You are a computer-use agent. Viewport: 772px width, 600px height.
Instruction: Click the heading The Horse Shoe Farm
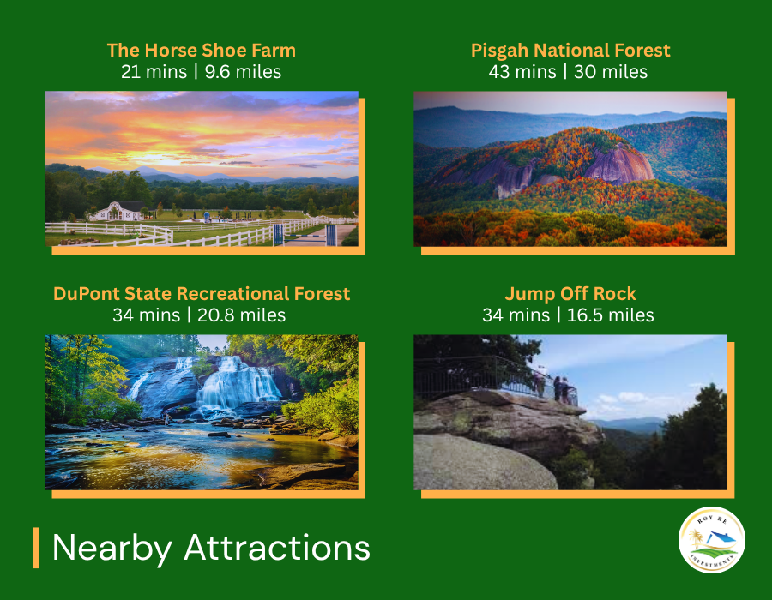(x=202, y=51)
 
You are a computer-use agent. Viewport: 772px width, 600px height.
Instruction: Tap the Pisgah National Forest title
(x=570, y=51)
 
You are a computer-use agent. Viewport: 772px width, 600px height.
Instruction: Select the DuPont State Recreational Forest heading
(x=202, y=294)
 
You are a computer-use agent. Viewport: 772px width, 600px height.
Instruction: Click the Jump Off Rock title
(x=570, y=294)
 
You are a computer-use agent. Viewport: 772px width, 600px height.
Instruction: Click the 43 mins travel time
(x=522, y=72)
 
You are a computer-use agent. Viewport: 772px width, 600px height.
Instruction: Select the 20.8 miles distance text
(x=241, y=315)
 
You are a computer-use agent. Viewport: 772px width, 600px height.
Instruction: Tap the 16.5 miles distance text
(x=610, y=315)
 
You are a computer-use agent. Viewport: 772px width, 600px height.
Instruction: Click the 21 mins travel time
(x=154, y=72)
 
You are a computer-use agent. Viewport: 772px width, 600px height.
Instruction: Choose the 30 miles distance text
(x=611, y=72)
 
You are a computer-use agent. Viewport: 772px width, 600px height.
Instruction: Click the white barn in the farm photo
(x=118, y=211)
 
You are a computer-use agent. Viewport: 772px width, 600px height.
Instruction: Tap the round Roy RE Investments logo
(x=711, y=540)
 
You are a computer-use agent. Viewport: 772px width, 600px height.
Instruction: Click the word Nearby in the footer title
(x=112, y=548)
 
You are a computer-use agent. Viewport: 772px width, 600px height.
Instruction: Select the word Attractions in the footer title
(x=277, y=547)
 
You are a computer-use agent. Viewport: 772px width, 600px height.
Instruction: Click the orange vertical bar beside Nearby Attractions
(x=36, y=548)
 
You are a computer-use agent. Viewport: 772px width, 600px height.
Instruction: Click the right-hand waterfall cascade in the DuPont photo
(x=238, y=385)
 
